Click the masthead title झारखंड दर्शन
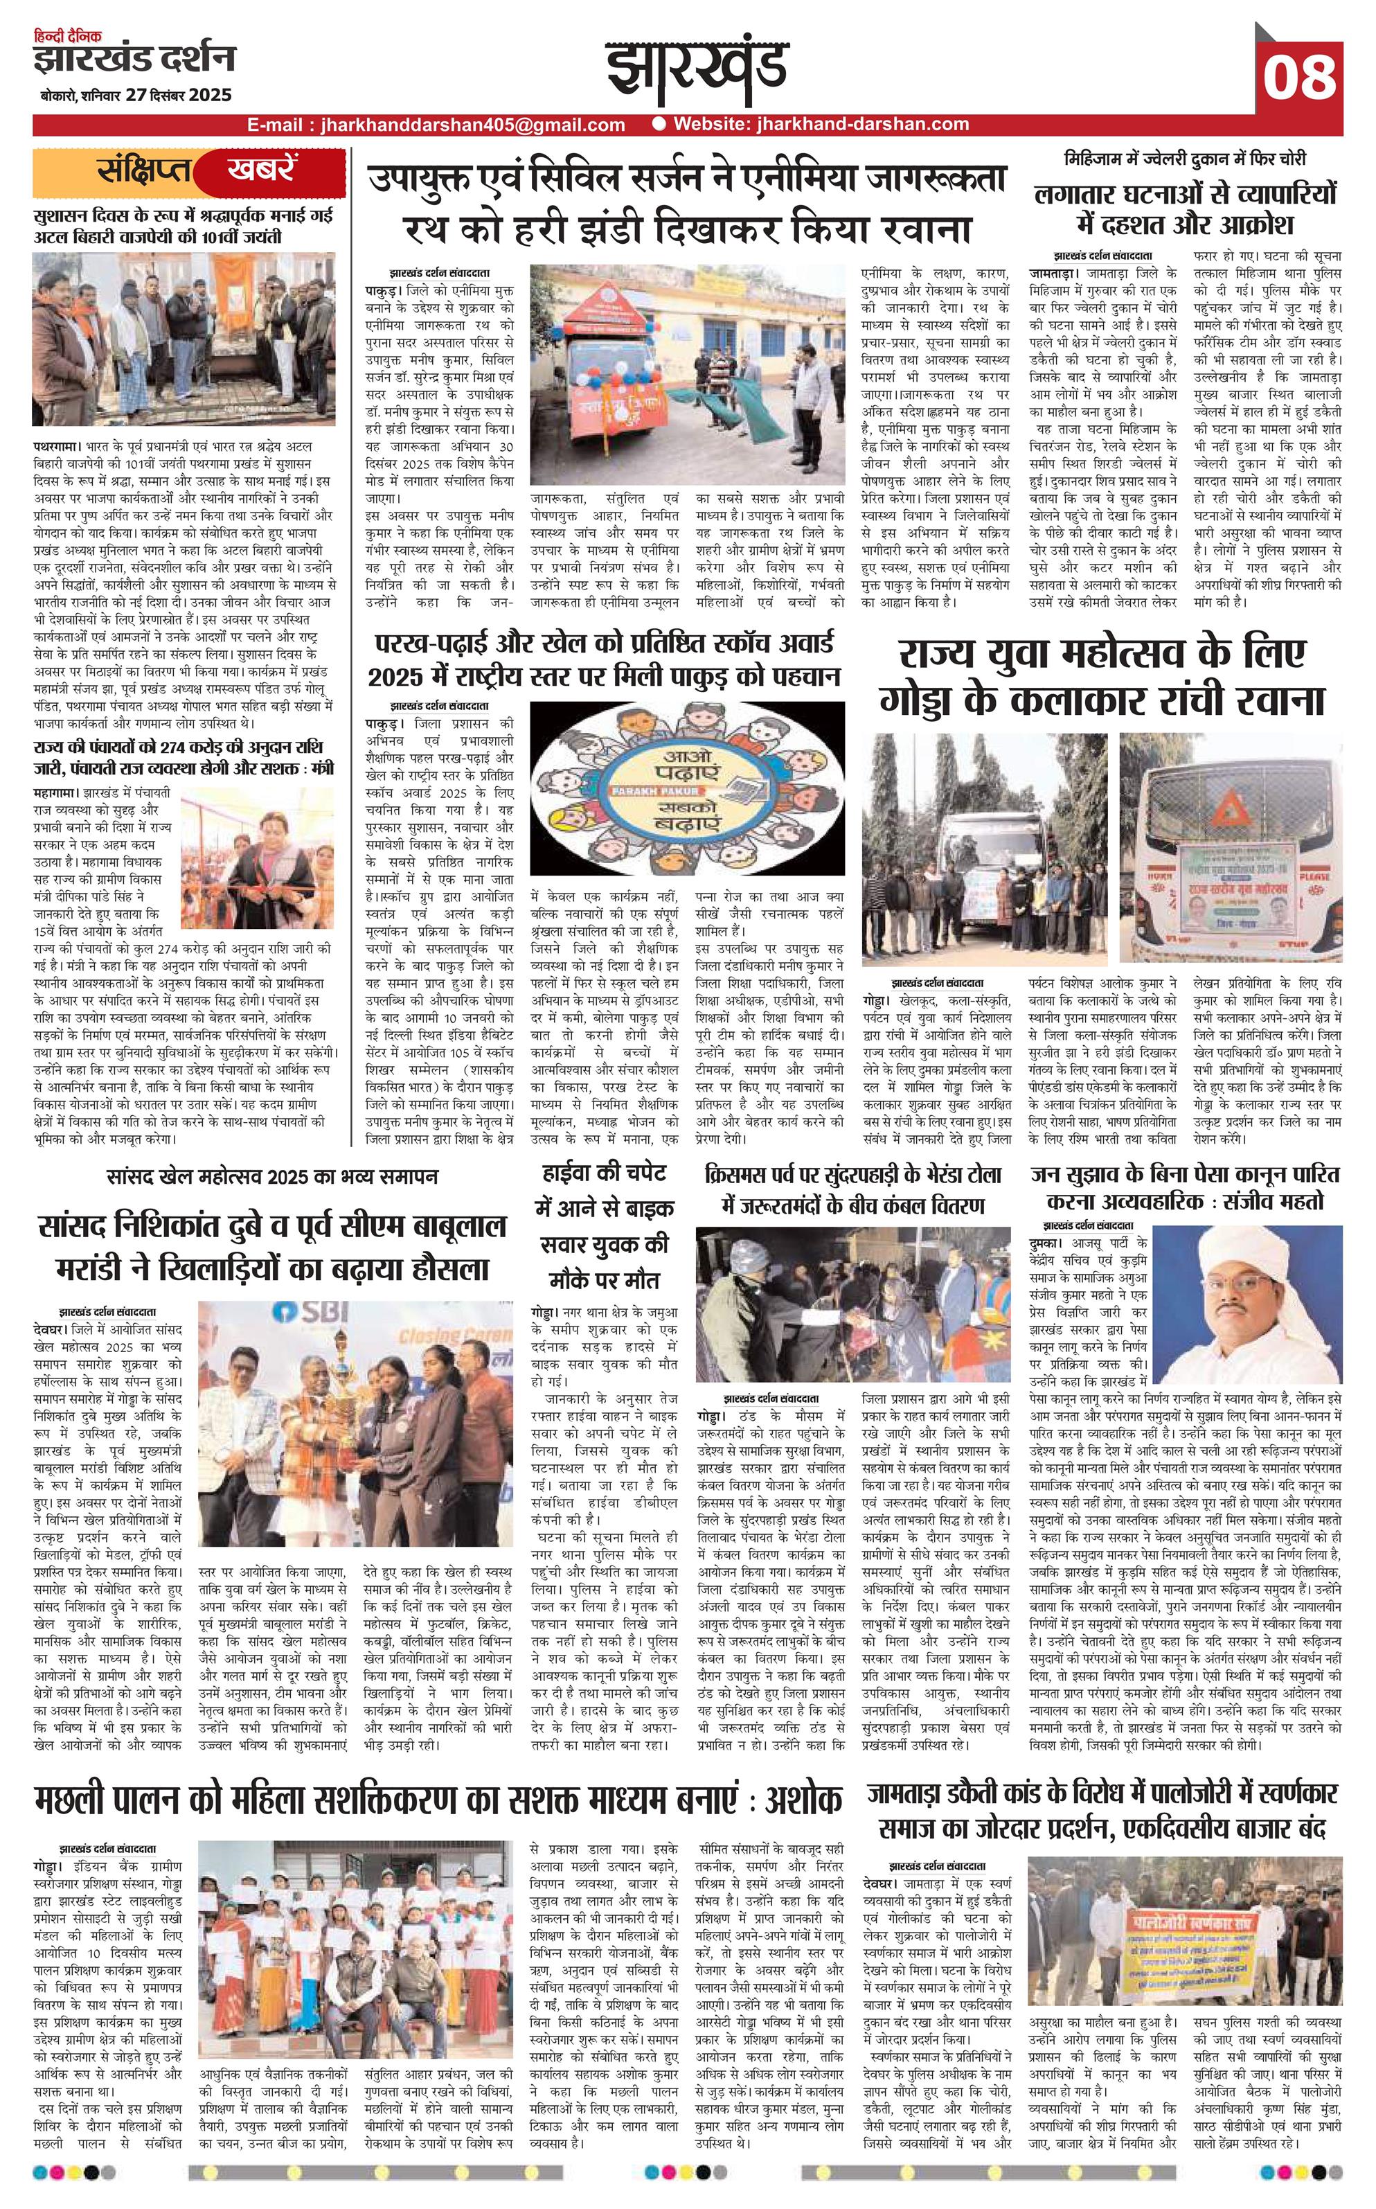(x=134, y=59)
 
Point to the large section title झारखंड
(x=689, y=71)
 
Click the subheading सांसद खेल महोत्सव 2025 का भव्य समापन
(x=271, y=1177)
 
